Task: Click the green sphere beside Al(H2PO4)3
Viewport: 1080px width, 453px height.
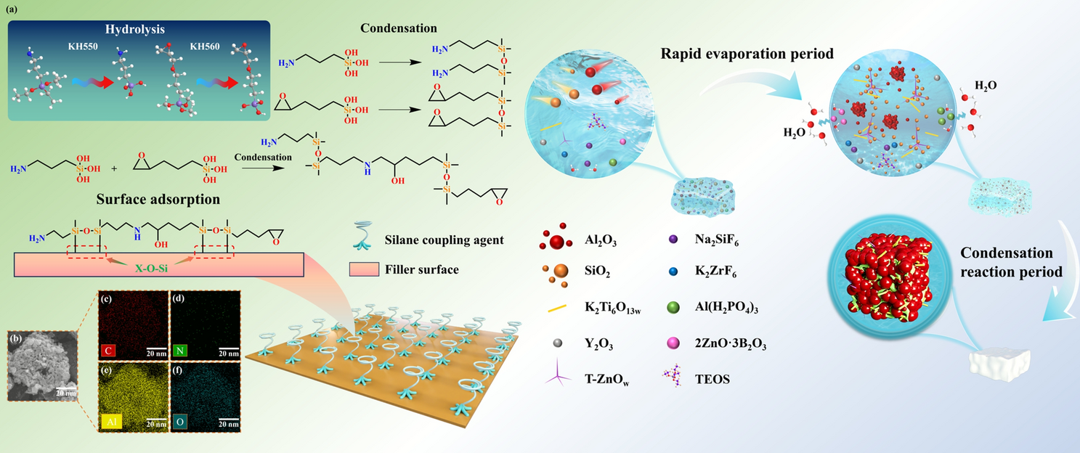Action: [673, 309]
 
